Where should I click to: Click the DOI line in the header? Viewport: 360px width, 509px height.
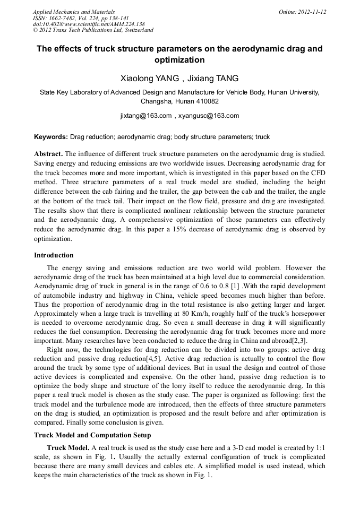coord(89,24)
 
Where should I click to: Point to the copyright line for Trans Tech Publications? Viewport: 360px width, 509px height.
coord(93,31)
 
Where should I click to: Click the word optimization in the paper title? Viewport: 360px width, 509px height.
coord(179,60)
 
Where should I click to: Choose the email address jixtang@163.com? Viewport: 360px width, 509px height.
coord(146,115)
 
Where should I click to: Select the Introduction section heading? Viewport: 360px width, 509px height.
coord(54,255)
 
